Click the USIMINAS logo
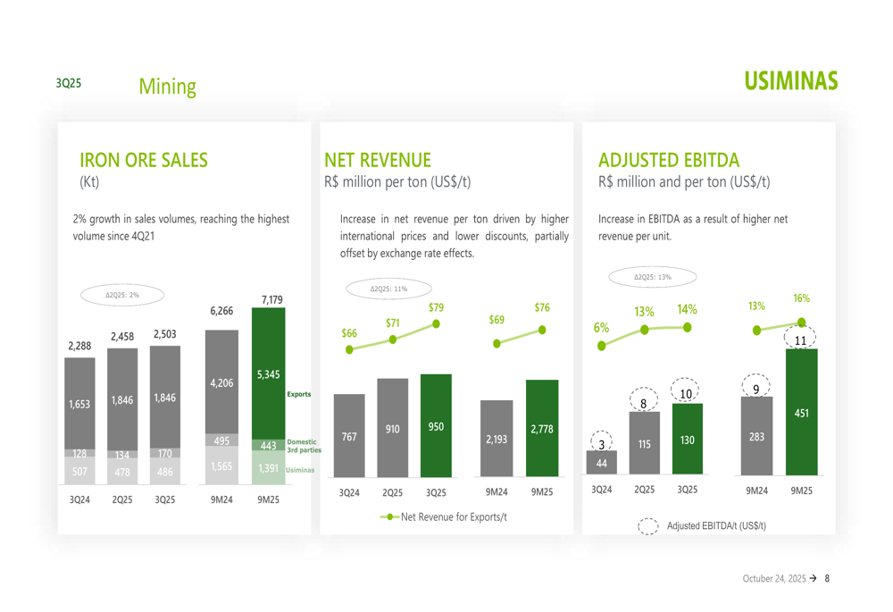pos(789,81)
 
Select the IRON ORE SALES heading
pos(144,161)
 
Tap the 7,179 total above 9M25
pos(272,299)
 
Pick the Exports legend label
pos(298,394)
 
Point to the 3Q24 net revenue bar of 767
pos(349,436)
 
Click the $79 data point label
pos(436,307)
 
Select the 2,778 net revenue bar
pos(542,429)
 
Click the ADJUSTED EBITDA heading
pos(669,161)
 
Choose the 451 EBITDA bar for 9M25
pos(801,413)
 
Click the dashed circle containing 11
pos(801,340)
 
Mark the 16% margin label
pos(801,298)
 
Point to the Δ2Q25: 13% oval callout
pos(652,277)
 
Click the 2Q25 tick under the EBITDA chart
pos(644,490)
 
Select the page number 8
pos(827,579)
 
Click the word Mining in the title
pos(167,87)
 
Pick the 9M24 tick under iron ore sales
pos(221,499)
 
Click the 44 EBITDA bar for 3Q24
pos(602,463)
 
